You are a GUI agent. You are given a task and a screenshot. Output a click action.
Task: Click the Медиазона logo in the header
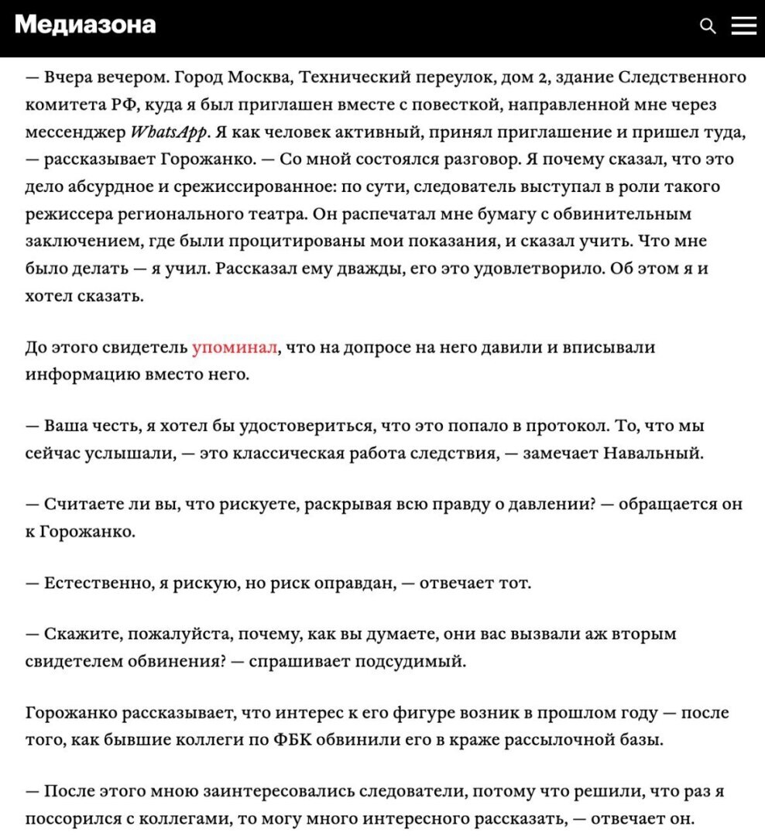[85, 25]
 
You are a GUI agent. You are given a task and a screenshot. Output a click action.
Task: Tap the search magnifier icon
[707, 26]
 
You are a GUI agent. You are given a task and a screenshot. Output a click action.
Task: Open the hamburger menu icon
[743, 26]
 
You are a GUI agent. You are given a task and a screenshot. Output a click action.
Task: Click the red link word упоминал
[234, 348]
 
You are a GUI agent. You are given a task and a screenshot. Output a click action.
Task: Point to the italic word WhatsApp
[169, 132]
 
